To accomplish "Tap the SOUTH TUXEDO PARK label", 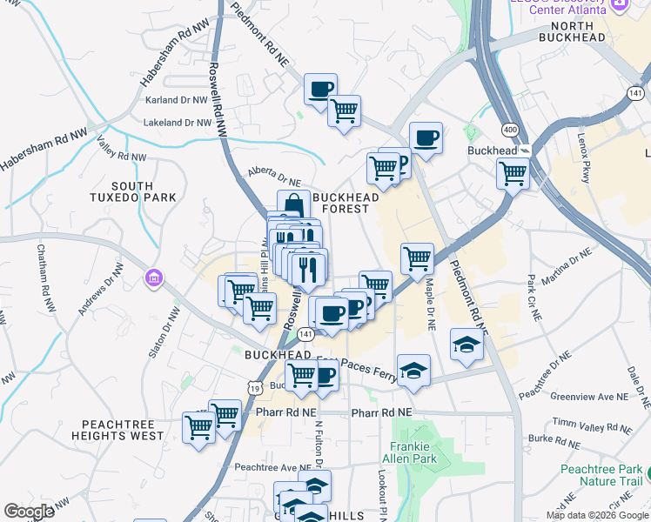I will pos(144,191).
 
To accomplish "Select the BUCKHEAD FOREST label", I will pos(346,203).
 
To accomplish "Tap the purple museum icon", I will pos(155,278).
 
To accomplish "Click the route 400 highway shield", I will pos(512,129).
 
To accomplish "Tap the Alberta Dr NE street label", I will pos(273,177).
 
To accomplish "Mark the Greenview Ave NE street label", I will pos(589,397).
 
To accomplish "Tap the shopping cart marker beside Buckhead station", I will pos(513,173).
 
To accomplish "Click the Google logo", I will pos(30,512).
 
